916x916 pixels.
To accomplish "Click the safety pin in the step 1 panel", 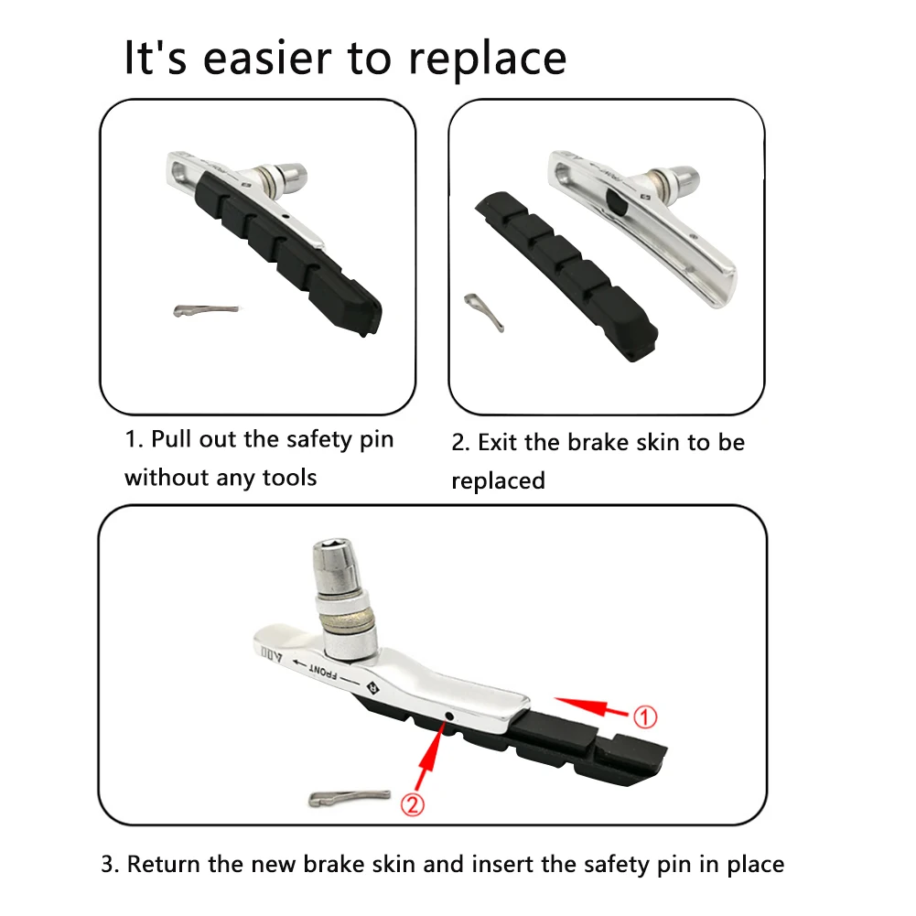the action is (207, 310).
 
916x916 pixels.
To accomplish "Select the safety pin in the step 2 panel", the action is (484, 312).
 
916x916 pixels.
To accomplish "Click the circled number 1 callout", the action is (645, 717).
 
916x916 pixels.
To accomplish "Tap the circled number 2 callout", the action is (413, 805).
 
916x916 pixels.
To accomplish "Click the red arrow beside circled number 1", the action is (590, 706).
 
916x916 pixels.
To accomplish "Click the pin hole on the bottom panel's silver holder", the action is (449, 717).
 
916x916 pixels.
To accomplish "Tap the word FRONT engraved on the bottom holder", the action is (323, 672).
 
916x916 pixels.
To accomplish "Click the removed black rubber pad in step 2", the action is (566, 275).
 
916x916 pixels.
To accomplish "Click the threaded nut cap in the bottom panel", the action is (335, 564).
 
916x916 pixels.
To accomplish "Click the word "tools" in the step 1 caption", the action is (289, 478).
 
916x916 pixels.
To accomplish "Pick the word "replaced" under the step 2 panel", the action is (499, 480).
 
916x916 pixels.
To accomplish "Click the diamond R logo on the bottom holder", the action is (372, 687).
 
